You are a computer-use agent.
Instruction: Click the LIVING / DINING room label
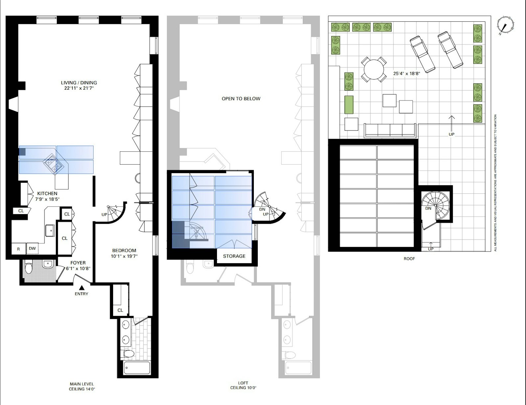click(x=79, y=83)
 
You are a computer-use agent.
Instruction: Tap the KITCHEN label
click(x=47, y=193)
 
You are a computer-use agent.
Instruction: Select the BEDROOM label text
click(x=124, y=251)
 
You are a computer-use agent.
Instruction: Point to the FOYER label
click(x=78, y=262)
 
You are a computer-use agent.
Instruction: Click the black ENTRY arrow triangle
click(x=82, y=288)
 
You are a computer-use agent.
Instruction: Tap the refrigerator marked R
click(x=18, y=249)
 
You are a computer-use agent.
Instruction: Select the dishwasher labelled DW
click(x=33, y=248)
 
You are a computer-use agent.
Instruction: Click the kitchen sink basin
click(x=50, y=231)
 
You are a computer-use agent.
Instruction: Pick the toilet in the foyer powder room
click(x=29, y=268)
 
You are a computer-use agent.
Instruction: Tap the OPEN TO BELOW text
click(x=241, y=99)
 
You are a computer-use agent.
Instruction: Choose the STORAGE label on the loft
click(x=234, y=256)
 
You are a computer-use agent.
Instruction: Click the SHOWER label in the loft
click(x=197, y=228)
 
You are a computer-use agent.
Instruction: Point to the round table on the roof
click(x=374, y=70)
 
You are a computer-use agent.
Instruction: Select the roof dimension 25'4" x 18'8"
click(x=406, y=74)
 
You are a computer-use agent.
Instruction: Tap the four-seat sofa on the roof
click(x=390, y=131)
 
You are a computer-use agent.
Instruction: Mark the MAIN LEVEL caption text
click(x=82, y=384)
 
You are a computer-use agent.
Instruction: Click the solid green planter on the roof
click(x=349, y=105)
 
